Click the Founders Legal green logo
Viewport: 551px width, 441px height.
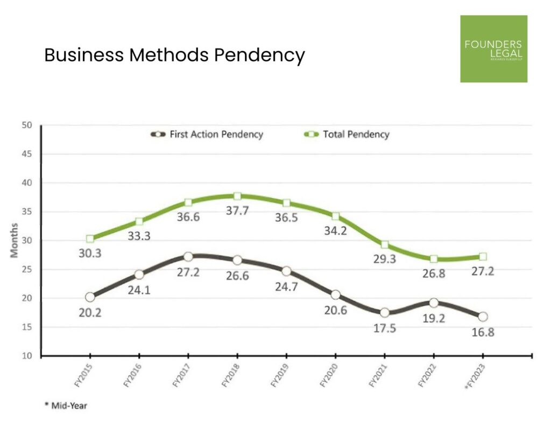coord(493,48)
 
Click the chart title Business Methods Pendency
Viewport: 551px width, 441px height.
coord(174,55)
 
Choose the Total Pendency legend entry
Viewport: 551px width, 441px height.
coord(347,134)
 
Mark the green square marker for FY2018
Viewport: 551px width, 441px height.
coord(237,197)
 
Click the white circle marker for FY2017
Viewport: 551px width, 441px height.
coord(188,257)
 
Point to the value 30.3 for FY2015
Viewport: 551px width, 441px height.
coord(90,253)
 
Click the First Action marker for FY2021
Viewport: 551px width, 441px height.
coord(384,313)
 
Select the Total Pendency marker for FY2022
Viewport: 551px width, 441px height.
coord(434,259)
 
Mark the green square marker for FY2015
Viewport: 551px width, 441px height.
coord(90,239)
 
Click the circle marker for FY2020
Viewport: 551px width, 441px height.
coord(335,295)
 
